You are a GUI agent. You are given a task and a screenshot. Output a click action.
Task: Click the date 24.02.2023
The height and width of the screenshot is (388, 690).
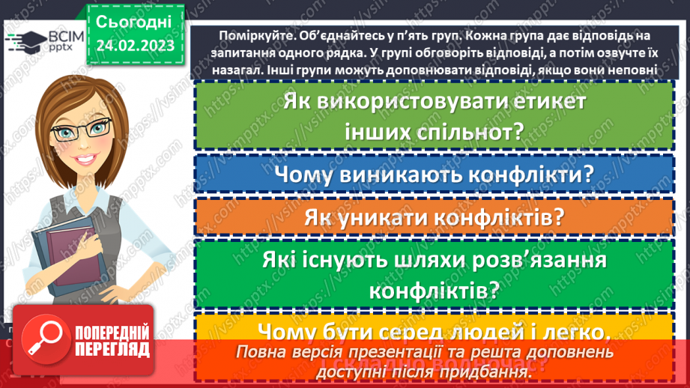134,46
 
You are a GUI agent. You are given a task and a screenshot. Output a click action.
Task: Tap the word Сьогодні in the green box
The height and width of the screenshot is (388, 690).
134,22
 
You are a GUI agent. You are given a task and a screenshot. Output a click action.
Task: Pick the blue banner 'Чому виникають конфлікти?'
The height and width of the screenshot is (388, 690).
434,175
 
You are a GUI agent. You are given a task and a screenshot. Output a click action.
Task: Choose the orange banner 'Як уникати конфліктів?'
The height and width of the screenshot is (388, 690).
434,217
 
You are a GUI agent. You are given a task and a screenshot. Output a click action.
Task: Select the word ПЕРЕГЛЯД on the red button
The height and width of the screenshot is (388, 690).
110,349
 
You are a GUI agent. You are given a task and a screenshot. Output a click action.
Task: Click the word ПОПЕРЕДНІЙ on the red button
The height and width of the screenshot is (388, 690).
110,331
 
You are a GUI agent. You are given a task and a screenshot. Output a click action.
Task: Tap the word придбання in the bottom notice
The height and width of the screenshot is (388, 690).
506,369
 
